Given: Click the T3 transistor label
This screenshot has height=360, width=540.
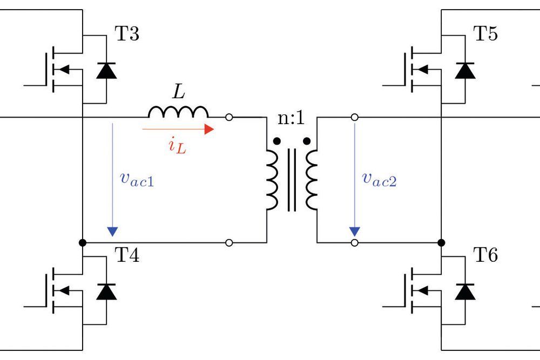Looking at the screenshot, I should (127, 35).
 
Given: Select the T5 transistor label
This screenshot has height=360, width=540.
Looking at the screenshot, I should (485, 35).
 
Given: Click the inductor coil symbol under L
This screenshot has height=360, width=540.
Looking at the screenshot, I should (178, 112).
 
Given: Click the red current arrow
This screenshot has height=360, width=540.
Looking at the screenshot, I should (178, 130).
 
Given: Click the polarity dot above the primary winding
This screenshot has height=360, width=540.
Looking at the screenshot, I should (277, 141).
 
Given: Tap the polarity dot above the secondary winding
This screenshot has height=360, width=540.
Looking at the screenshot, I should (307, 141).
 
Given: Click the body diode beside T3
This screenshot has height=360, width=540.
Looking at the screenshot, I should (106, 70).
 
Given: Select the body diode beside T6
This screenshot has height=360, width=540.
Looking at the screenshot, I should (465, 291).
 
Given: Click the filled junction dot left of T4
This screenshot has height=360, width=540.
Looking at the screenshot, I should (82, 243).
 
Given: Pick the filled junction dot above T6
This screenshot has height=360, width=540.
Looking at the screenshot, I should (441, 243).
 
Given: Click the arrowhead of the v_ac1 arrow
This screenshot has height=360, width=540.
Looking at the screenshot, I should (112, 231).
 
